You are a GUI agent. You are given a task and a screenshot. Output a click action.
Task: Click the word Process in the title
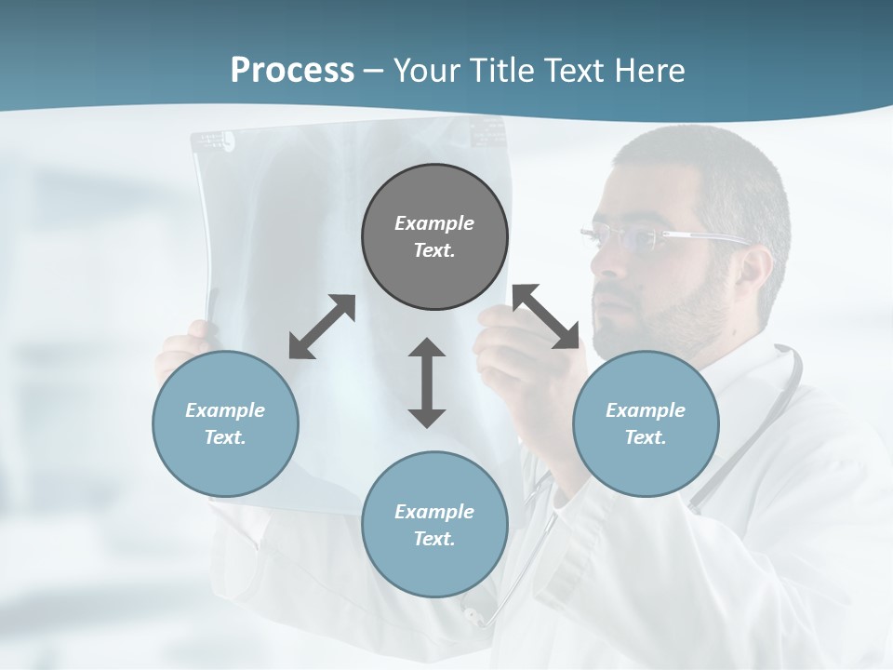(x=292, y=71)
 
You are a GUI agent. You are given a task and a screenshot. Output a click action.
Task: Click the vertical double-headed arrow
(x=427, y=382)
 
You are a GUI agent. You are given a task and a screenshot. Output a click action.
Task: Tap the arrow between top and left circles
(x=322, y=327)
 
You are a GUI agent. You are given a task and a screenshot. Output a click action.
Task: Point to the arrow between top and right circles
(x=546, y=316)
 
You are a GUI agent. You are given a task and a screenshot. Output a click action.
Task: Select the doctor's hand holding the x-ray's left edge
(x=181, y=344)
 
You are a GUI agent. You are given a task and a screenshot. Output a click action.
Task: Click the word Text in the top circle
(x=433, y=250)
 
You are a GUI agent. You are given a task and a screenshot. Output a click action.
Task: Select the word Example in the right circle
(x=646, y=410)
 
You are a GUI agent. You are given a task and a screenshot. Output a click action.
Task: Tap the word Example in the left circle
(x=225, y=410)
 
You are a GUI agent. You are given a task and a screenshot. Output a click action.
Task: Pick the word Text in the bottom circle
(x=433, y=539)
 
